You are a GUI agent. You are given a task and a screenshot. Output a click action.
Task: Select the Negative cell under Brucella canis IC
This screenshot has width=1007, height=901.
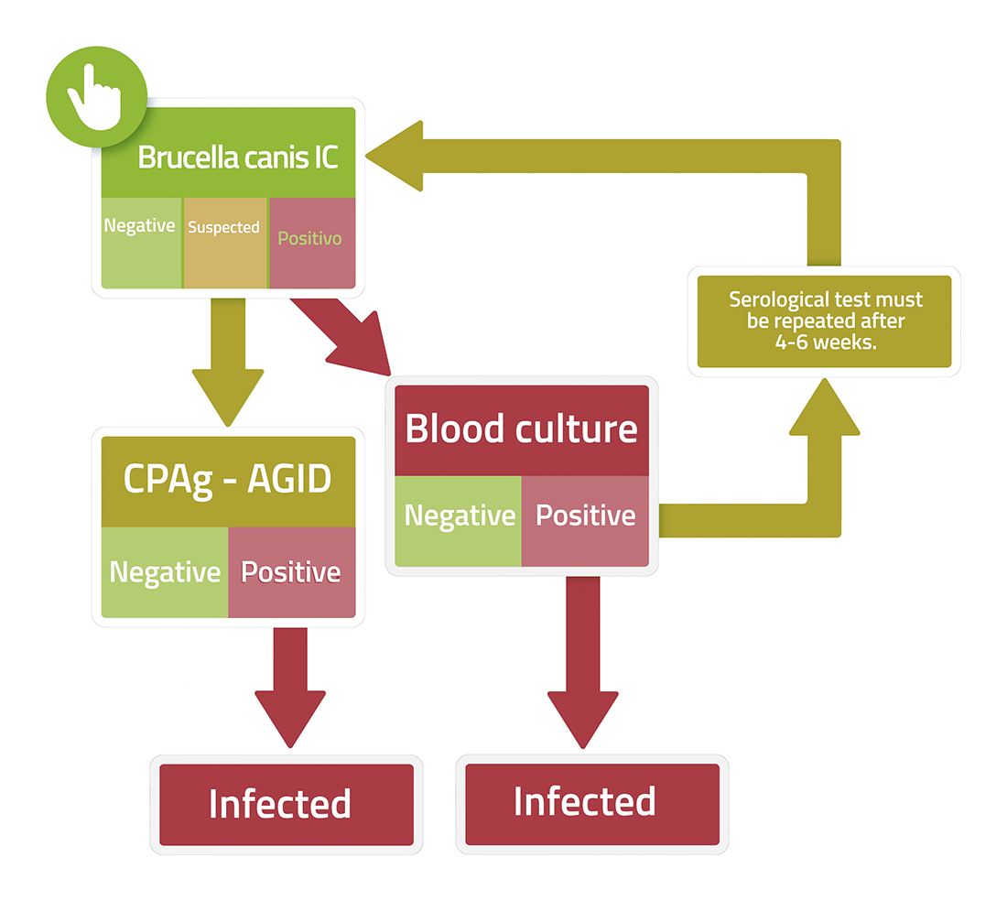coord(141,243)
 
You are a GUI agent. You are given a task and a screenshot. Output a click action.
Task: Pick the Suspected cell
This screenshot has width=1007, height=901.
coord(225,243)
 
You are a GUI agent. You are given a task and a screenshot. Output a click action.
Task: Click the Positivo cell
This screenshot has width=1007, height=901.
coord(312,243)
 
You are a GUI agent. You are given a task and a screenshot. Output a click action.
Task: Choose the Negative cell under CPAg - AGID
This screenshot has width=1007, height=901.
coord(165,572)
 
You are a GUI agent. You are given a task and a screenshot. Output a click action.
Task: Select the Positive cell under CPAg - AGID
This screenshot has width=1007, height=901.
coord(291,572)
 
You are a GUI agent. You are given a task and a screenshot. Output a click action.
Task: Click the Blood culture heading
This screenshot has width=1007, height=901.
coord(522,430)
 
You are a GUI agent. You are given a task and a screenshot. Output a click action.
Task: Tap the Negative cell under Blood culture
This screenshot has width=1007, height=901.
coord(458,521)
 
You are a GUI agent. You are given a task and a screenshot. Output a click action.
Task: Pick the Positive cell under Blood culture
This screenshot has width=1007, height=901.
coord(585,521)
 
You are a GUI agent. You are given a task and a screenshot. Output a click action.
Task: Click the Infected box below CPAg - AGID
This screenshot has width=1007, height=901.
coord(287,805)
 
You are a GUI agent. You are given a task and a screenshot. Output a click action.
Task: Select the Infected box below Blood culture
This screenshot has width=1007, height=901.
coord(592,804)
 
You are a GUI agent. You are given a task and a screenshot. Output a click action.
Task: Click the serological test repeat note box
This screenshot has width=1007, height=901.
coord(825,321)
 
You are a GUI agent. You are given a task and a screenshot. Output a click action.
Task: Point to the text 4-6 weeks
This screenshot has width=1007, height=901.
coord(825,342)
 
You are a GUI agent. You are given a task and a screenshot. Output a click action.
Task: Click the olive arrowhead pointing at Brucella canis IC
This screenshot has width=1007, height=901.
coord(395,156)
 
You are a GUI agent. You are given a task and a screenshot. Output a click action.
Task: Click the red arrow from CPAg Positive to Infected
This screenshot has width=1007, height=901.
coord(290,687)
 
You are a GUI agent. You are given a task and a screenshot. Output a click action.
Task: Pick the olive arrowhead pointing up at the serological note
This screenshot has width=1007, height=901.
coord(825,407)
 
